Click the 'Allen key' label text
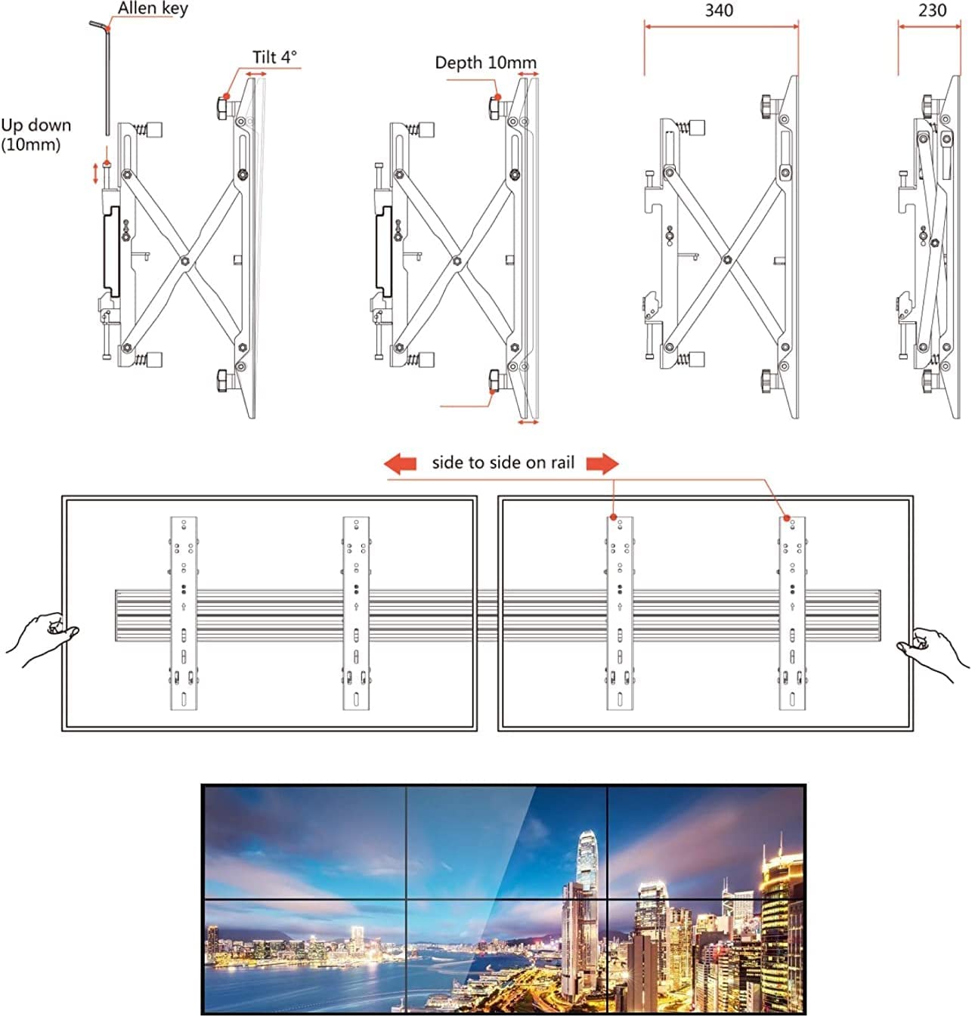153,9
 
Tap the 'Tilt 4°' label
274,57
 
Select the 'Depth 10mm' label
486,63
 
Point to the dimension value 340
719,10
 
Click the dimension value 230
932,10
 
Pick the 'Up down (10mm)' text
36,134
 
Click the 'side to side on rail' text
503,462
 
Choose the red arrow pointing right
602,464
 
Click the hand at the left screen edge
42,638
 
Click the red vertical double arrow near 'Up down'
95,174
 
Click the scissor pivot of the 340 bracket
727,259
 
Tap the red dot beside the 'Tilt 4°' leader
227,96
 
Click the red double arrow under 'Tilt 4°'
255,75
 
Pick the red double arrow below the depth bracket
528,422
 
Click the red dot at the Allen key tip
107,28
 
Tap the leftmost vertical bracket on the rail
184,614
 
